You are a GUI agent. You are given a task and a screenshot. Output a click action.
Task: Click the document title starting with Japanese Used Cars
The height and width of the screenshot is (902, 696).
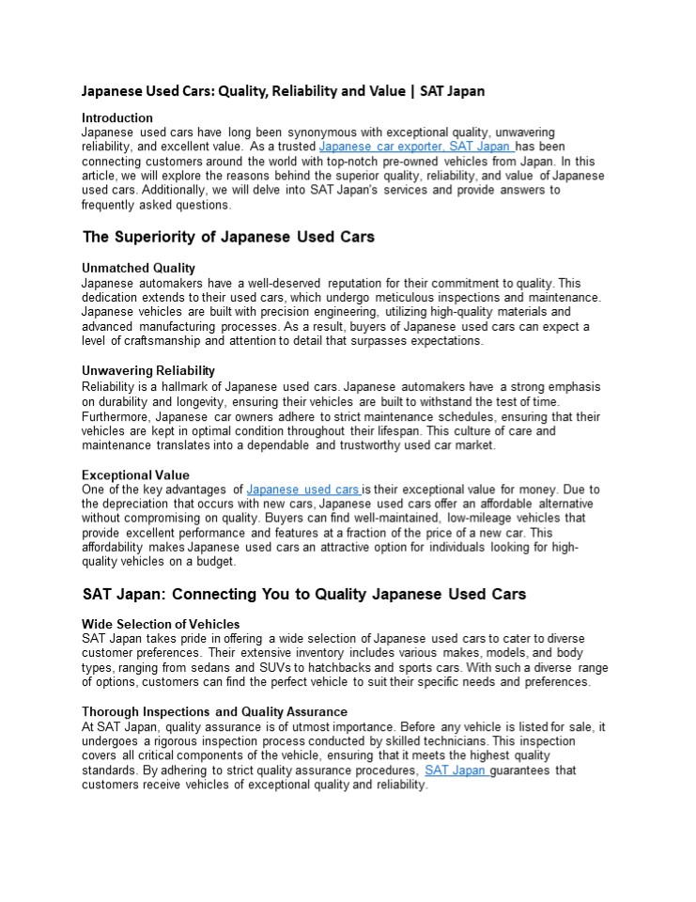(283, 91)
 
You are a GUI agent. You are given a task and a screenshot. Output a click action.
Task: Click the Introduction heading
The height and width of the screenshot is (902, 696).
(117, 117)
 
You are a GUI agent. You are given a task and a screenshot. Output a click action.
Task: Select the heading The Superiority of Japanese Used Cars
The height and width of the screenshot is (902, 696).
(228, 237)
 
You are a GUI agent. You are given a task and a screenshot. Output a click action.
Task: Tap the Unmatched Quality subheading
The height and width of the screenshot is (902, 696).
(138, 268)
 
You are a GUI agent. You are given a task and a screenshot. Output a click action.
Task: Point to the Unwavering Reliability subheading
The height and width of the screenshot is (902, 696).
(148, 370)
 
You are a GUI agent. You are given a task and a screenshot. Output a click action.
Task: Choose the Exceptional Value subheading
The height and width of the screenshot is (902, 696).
(135, 474)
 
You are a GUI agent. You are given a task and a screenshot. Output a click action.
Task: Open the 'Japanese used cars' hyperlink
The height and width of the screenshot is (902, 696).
(303, 490)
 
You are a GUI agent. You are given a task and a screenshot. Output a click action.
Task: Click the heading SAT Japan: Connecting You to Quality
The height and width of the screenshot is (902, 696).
(304, 594)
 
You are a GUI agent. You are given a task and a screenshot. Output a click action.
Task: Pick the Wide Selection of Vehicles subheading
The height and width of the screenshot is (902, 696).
(161, 624)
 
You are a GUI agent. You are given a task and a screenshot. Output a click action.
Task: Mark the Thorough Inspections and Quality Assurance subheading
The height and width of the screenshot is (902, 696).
(214, 712)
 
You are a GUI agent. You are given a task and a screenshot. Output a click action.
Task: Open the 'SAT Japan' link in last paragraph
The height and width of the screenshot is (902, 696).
(456, 770)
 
